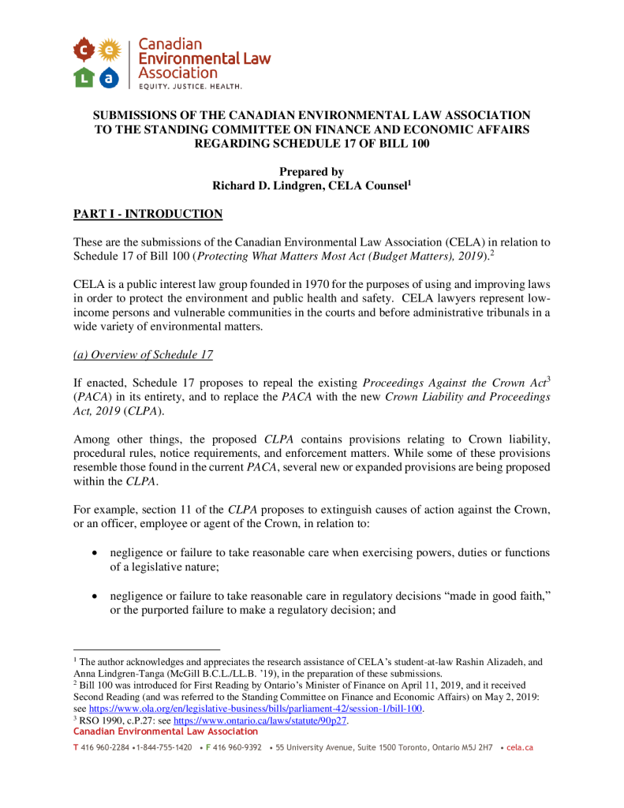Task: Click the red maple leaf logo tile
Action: pos(84,50)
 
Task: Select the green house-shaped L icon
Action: pos(84,77)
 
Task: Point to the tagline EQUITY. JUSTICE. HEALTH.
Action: pos(190,85)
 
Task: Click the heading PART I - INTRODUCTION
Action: pos(148,214)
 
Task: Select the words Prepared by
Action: pos(312,171)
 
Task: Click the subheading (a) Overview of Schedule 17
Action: pos(143,354)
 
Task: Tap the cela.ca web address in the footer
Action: pos(520,747)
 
